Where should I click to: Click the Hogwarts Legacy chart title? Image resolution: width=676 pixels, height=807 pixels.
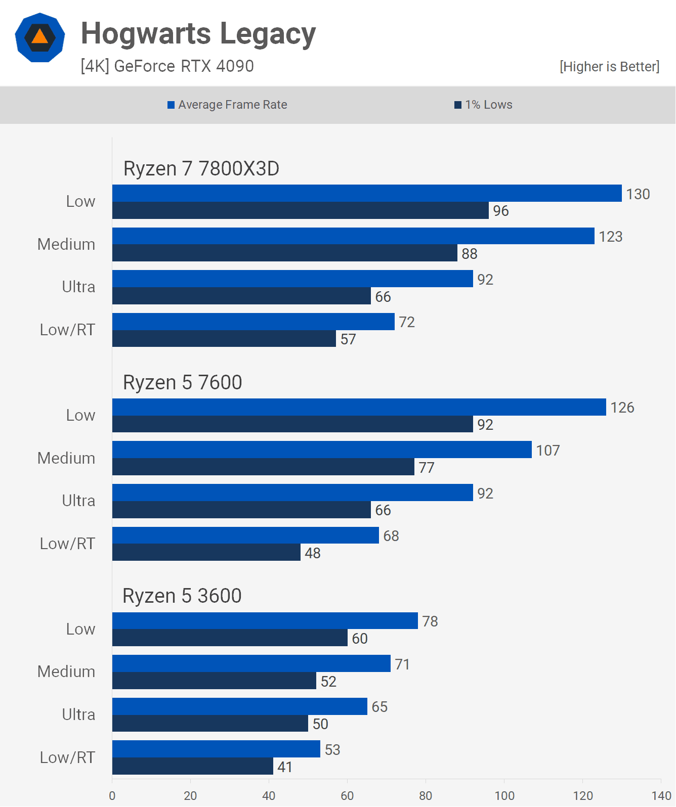(x=198, y=34)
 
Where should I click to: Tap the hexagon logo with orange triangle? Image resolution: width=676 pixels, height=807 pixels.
(x=40, y=38)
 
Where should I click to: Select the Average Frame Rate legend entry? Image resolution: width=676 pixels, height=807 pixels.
(x=227, y=105)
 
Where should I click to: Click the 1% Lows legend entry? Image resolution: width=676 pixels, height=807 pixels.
(x=483, y=105)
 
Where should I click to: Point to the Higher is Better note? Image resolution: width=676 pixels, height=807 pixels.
(x=609, y=67)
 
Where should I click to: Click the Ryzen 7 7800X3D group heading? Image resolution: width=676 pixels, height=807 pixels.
(x=201, y=168)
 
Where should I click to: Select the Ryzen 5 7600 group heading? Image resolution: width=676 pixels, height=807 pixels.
(x=182, y=382)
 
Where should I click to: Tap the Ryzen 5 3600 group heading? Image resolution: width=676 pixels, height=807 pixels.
(x=182, y=596)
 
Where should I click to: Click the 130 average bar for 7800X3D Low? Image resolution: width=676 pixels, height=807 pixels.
(x=367, y=193)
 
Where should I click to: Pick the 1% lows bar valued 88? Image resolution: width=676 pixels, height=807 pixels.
(x=284, y=253)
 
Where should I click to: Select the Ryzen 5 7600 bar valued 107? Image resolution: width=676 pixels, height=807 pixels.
(x=322, y=450)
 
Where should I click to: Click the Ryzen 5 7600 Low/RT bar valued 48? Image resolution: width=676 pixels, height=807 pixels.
(x=206, y=552)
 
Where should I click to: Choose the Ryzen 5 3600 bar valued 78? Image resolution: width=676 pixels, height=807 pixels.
(x=265, y=620)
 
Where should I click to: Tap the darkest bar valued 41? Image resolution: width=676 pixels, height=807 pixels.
(x=192, y=766)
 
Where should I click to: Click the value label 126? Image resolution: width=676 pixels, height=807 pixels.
(x=622, y=408)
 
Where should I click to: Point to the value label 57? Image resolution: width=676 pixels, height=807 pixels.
(x=348, y=339)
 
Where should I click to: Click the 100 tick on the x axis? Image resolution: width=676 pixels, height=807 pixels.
(x=504, y=795)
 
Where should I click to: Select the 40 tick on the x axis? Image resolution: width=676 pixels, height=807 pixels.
(x=269, y=795)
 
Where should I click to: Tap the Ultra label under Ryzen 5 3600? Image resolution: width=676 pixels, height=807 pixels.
(x=78, y=714)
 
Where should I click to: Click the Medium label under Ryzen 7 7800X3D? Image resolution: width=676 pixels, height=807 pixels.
(x=66, y=244)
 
